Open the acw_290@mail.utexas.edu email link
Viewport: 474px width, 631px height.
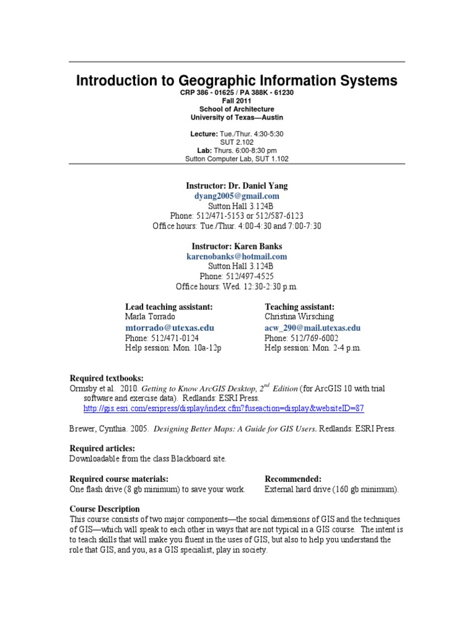coord(312,328)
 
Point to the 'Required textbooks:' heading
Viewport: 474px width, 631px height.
coord(106,378)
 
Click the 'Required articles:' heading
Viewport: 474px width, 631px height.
coord(102,449)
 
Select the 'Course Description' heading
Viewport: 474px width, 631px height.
coord(104,509)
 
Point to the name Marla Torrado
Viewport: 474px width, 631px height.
coord(150,317)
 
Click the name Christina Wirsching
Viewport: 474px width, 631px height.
coord(299,317)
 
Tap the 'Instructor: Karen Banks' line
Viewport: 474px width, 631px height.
coord(237,246)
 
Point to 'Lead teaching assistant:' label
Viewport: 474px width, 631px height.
coord(168,307)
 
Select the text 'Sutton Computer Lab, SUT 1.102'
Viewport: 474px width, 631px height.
coord(237,158)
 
